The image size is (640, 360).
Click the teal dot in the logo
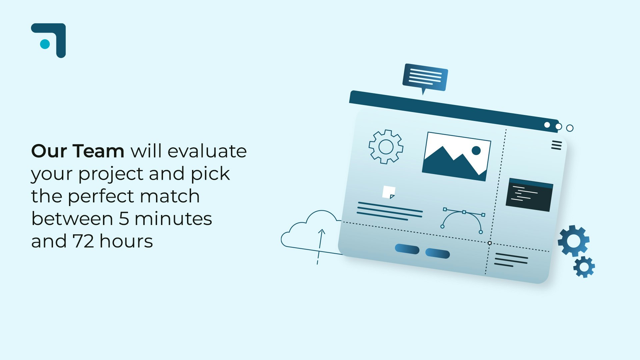tap(45, 44)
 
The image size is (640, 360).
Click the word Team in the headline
tap(98, 151)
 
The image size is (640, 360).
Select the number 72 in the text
tap(83, 241)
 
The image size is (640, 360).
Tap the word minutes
tap(173, 219)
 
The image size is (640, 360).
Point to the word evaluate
tap(207, 151)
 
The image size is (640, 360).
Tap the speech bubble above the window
tap(425, 78)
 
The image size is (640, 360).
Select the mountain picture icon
tap(456, 156)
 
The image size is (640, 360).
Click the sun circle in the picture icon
tap(476, 151)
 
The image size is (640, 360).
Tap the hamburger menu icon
tap(556, 145)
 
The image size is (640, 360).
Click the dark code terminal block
tap(529, 195)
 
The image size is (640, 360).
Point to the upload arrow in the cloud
tap(320, 247)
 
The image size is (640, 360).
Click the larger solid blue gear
tap(574, 241)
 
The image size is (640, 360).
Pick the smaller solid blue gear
tap(584, 267)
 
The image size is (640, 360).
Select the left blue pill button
tap(407, 249)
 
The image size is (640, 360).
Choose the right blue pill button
tap(438, 253)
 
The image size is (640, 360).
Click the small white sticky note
tap(389, 192)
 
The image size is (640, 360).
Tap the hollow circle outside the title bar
tap(570, 128)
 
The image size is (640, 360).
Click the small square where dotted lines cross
tap(490, 243)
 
